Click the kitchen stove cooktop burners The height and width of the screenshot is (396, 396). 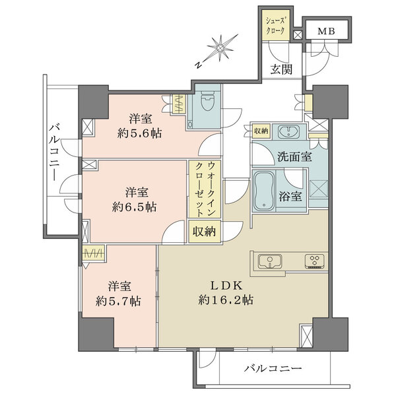[x=314, y=262]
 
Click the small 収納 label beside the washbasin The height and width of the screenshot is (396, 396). [x=261, y=131]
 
